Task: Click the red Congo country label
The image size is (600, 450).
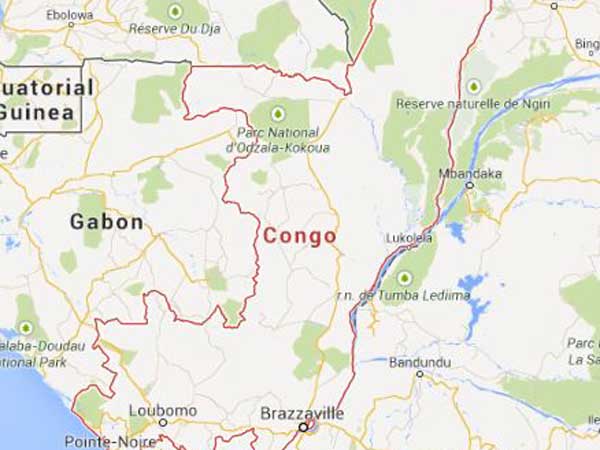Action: (x=299, y=236)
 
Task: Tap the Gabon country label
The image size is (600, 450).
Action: (x=107, y=222)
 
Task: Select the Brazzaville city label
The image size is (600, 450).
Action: (x=301, y=412)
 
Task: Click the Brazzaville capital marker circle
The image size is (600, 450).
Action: (x=303, y=427)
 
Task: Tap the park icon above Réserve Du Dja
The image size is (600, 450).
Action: (x=176, y=11)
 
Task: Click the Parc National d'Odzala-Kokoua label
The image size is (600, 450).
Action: (x=277, y=140)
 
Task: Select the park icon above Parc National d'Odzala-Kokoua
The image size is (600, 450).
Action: (x=277, y=112)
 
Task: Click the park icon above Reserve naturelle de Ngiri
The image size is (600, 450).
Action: (x=473, y=86)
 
